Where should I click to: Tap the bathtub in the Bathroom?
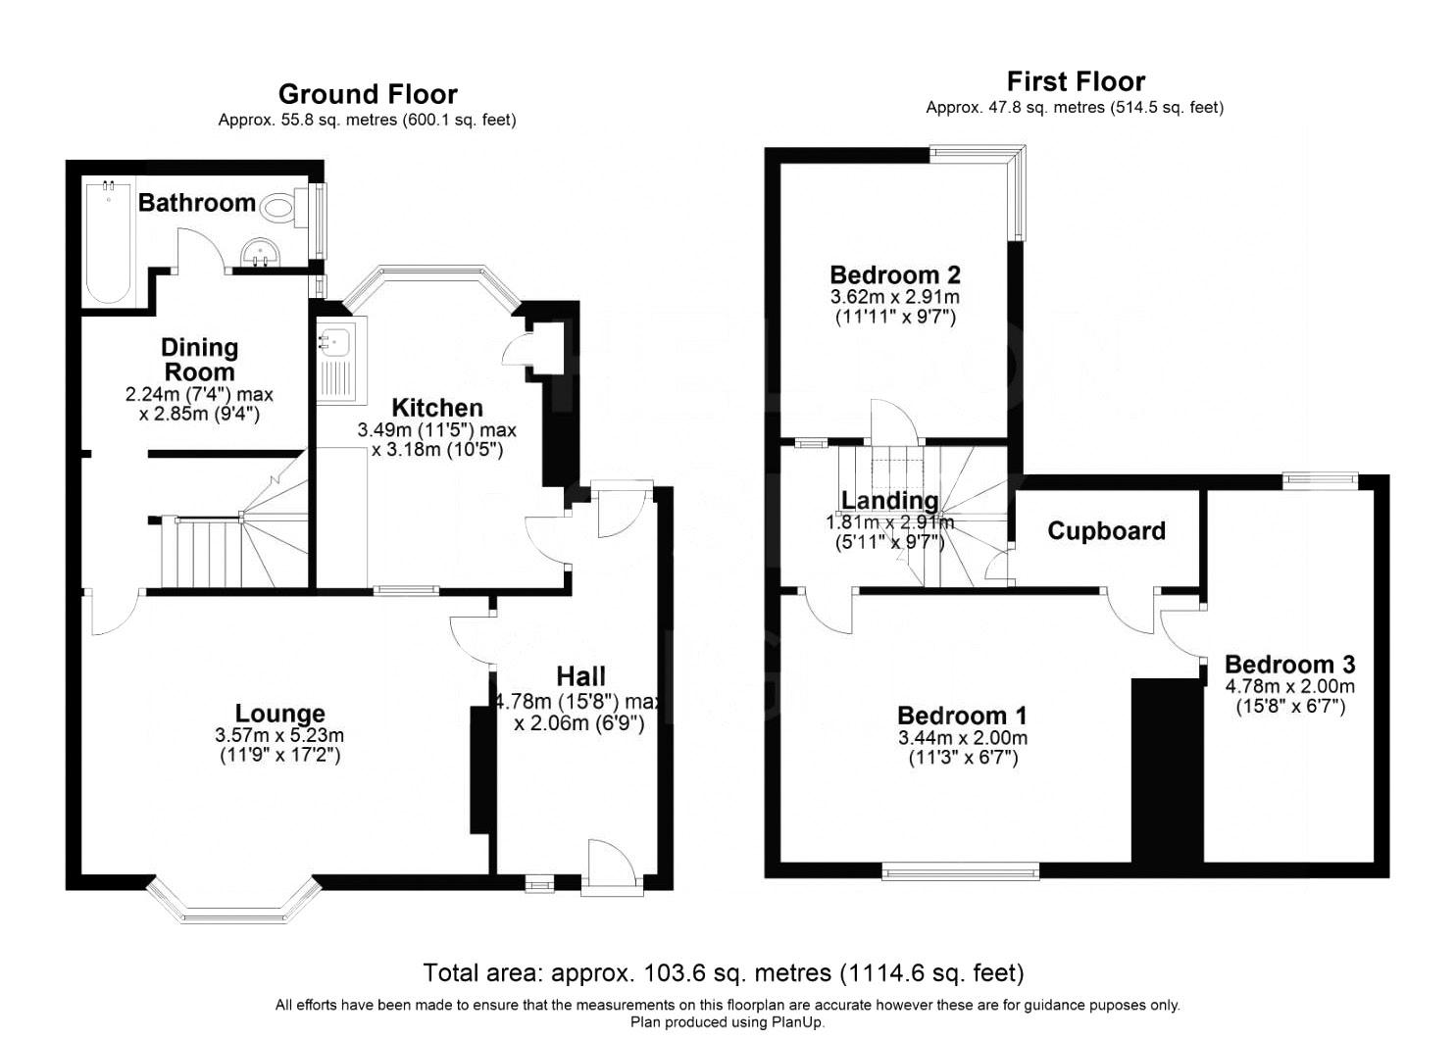coord(109,242)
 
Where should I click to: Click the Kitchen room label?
coord(437,408)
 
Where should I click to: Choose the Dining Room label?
coord(200,360)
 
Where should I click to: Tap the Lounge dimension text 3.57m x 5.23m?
coord(279,735)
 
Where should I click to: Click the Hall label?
coord(580,676)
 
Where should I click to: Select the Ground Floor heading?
coord(368,94)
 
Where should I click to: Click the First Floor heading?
coord(1076,82)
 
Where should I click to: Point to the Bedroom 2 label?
coord(895,275)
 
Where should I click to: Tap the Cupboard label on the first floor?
coord(1106,531)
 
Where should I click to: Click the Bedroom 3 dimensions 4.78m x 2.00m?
coord(1290,686)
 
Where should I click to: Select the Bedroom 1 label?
coord(962,716)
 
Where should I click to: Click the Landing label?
coord(890,500)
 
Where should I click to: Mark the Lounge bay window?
coord(233,900)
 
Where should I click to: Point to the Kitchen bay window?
coord(432,286)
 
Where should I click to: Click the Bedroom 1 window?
coord(960,871)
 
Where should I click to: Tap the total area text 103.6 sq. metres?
coord(737,973)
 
